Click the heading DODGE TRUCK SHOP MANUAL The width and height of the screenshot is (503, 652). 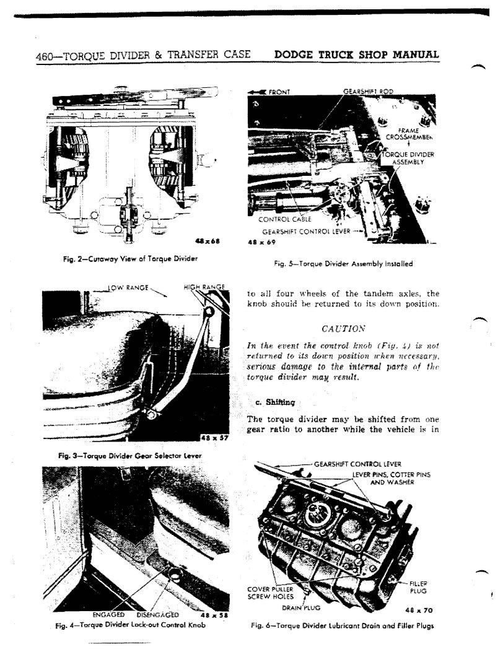tap(357, 54)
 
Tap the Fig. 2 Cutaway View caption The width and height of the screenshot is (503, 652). tap(130, 259)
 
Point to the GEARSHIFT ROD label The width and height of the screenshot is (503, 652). tap(368, 91)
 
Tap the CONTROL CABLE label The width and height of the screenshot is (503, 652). tap(284, 220)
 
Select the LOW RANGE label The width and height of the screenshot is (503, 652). tap(128, 287)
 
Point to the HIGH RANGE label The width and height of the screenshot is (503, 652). tap(204, 287)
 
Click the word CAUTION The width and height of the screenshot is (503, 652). tap(343, 329)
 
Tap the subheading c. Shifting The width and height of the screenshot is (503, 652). tap(276, 402)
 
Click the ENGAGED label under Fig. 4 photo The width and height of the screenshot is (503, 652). tap(108, 615)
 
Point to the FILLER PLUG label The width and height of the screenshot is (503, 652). tap(418, 587)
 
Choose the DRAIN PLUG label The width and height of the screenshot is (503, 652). tap(301, 608)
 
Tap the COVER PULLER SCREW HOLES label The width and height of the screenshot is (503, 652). tap(271, 593)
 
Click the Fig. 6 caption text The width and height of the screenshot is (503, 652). tap(343, 625)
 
